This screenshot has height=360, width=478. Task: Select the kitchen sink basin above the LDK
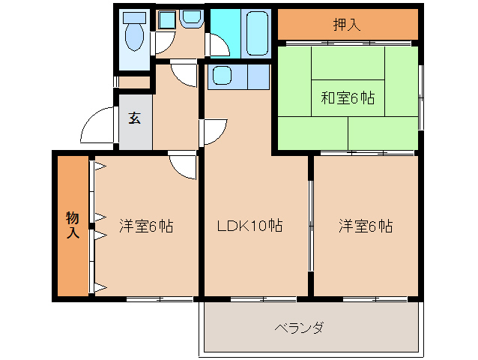[222, 76]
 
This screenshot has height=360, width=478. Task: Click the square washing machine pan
[166, 20]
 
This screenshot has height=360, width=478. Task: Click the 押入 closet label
[347, 24]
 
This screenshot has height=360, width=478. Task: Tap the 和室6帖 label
[348, 97]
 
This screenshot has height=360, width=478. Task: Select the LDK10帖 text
[249, 226]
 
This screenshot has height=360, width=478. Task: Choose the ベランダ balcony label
[299, 328]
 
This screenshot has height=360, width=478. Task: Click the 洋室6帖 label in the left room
[146, 226]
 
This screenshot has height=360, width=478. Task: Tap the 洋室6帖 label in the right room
[365, 226]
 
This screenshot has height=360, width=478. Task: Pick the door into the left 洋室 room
[183, 164]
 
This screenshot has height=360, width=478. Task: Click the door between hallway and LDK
[211, 132]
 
